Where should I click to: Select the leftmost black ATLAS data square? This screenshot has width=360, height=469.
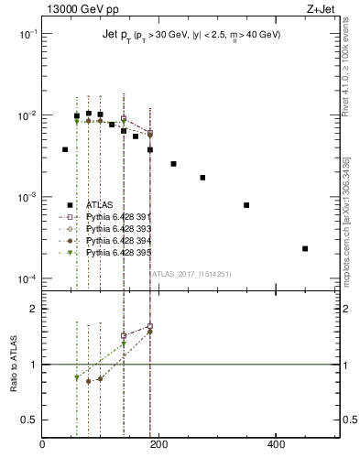[65, 149]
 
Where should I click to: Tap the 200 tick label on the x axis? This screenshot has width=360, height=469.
[159, 445]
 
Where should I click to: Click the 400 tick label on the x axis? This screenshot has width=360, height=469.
[276, 445]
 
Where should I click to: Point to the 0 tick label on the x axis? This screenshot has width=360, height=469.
[43, 445]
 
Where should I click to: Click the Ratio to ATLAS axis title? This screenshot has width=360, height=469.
[13, 365]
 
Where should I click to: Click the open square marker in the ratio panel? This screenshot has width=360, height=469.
[149, 327]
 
